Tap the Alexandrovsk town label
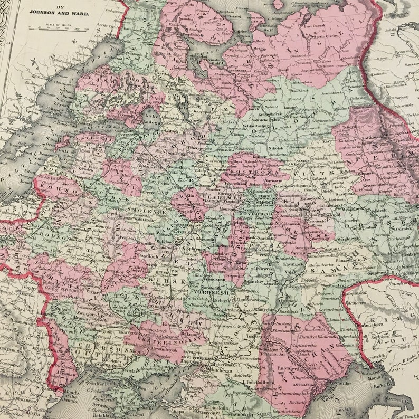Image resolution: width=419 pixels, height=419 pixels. coord(167,350)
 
